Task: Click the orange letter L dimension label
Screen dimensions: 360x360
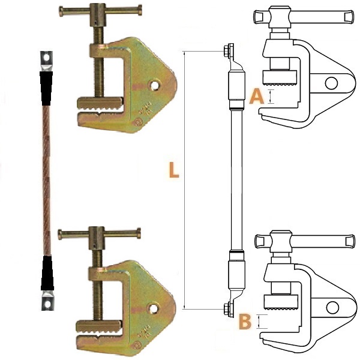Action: click(x=174, y=170)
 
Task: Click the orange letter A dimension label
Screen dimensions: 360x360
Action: click(x=257, y=97)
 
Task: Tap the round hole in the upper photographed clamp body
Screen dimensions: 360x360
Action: click(x=154, y=85)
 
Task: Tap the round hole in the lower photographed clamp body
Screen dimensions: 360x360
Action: click(x=153, y=309)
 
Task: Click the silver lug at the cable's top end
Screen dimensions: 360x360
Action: click(x=47, y=61)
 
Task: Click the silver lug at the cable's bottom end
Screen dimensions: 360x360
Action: click(x=47, y=300)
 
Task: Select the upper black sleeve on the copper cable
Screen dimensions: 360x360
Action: click(x=46, y=88)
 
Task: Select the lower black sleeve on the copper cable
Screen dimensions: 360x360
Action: click(x=47, y=273)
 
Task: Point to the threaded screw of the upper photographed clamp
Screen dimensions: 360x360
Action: click(x=99, y=62)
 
